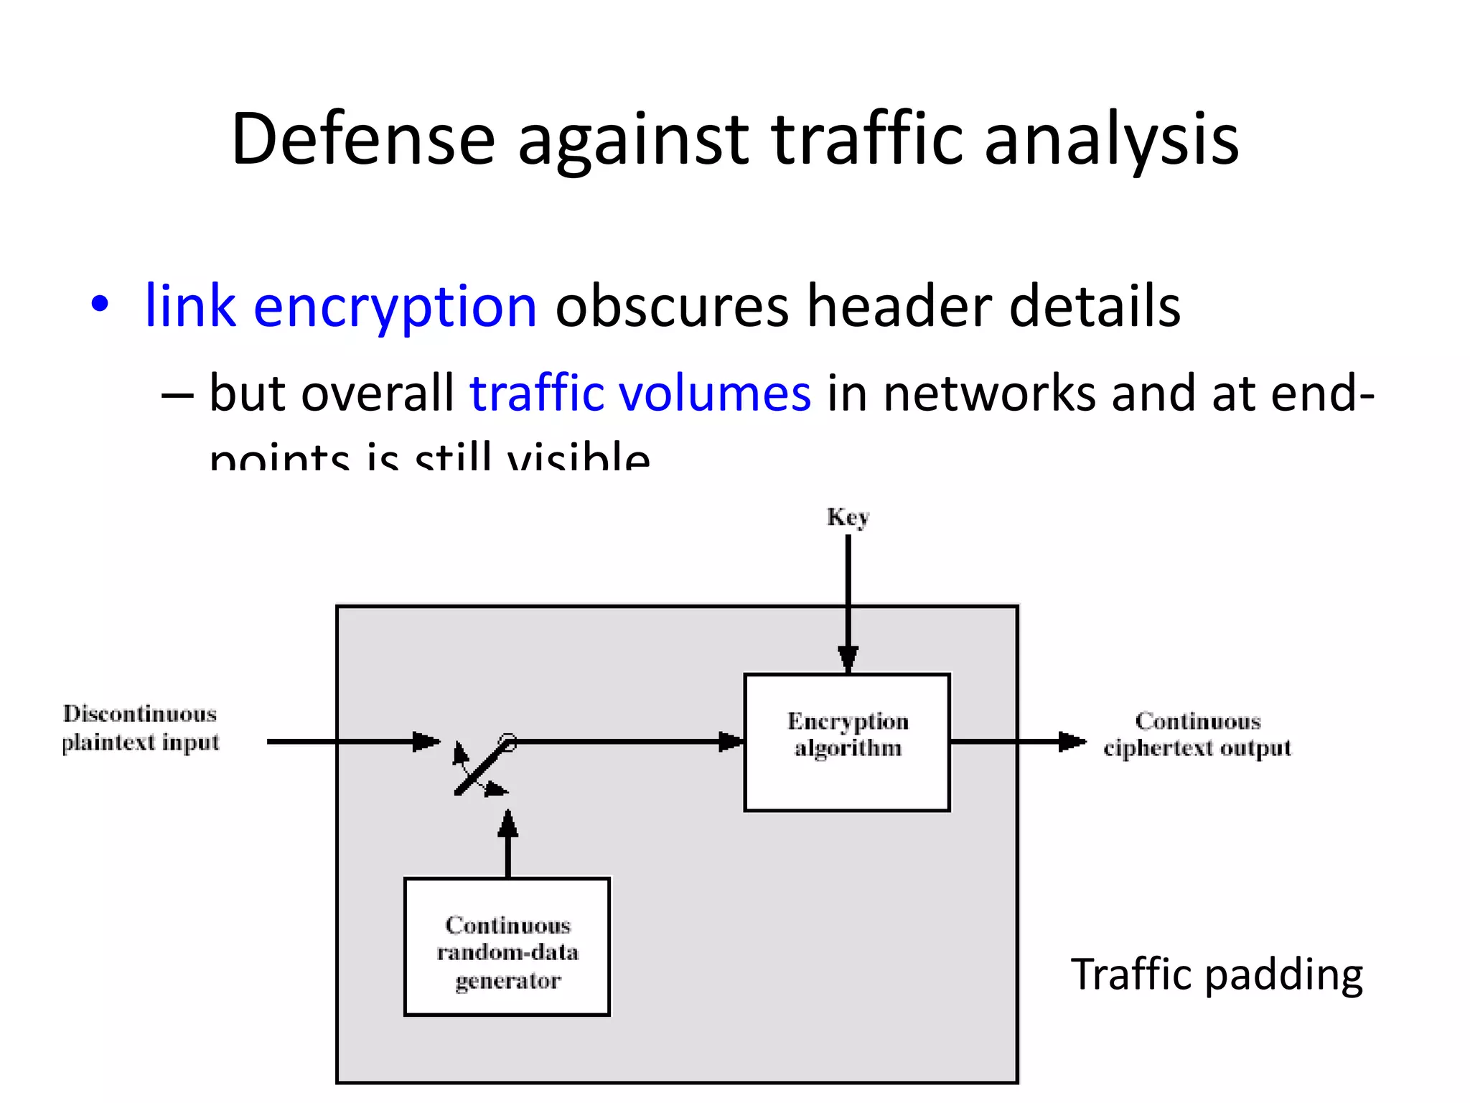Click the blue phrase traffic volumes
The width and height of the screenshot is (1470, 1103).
coord(640,394)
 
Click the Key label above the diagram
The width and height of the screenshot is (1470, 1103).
coord(848,517)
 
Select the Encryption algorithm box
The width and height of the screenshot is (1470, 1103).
coord(847,743)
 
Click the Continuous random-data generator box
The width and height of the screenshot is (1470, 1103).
coord(507,946)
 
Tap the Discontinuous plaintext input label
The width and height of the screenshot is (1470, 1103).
coord(140,727)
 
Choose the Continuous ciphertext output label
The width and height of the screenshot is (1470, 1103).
coord(1197,734)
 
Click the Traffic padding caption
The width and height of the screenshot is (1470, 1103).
coord(1217,974)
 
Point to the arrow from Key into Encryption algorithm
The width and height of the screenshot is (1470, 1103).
coord(848,603)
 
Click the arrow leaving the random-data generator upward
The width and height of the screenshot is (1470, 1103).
coord(508,844)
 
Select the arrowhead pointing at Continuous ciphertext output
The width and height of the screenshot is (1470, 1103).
coord(1072,741)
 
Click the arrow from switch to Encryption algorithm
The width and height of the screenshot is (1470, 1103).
coord(624,741)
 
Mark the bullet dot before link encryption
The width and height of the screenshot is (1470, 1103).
coord(100,304)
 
